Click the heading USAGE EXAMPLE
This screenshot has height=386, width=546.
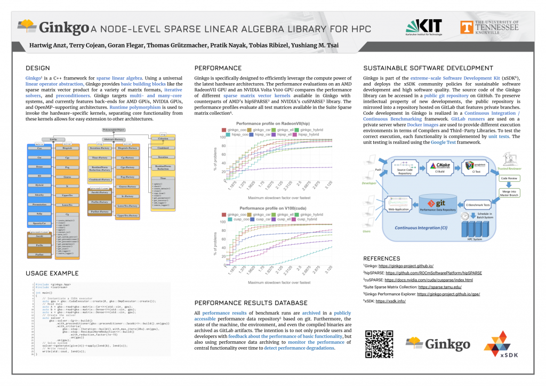52,274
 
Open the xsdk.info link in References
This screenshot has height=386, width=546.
391,301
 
